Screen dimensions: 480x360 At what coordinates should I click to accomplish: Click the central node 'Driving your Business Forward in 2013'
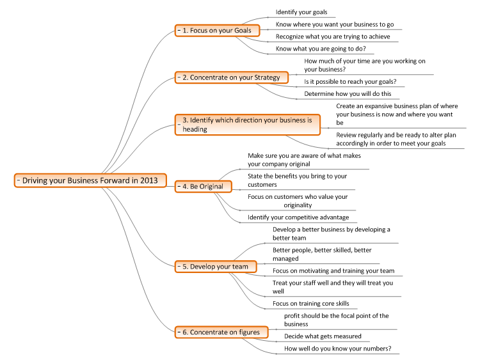(x=90, y=180)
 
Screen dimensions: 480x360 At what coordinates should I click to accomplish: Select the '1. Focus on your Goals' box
(x=218, y=31)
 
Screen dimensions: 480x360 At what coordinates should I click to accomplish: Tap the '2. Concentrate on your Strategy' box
(x=232, y=77)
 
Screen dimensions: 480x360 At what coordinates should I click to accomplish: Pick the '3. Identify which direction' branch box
(x=247, y=125)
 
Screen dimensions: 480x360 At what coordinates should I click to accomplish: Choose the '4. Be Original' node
(x=204, y=187)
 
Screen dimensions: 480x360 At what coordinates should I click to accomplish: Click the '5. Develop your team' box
(x=216, y=267)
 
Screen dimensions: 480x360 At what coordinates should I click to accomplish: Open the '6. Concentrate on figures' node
(x=221, y=332)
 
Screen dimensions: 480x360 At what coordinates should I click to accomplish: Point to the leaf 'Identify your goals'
(x=301, y=12)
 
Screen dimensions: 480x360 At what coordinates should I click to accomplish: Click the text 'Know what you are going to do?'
(x=321, y=49)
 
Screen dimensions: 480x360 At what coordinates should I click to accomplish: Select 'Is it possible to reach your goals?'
(x=350, y=82)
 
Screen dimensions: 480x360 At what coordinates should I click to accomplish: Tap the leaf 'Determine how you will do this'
(x=348, y=94)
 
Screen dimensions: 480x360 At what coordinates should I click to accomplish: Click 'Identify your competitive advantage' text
(x=298, y=217)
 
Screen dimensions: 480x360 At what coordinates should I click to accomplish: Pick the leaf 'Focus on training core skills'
(x=310, y=304)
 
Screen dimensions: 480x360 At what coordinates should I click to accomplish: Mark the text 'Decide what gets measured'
(x=323, y=336)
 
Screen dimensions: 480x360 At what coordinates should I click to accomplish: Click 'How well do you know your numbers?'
(x=338, y=348)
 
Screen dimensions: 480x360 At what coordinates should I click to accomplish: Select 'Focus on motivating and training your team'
(x=333, y=270)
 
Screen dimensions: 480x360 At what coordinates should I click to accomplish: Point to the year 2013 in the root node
(x=149, y=180)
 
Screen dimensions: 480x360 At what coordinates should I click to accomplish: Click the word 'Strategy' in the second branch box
(x=268, y=77)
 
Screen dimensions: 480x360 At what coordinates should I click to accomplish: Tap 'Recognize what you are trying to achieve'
(x=333, y=36)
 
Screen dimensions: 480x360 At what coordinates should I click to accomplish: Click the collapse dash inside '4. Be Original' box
(x=179, y=186)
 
